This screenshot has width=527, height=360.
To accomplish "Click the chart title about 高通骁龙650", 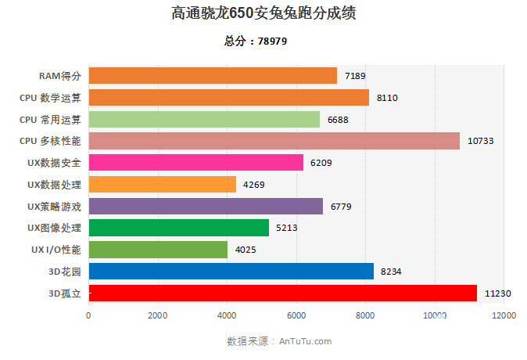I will [263, 14].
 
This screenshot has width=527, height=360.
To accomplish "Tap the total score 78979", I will [256, 41].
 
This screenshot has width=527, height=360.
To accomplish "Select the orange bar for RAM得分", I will [213, 76].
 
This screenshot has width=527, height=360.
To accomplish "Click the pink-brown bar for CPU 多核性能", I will [274, 141].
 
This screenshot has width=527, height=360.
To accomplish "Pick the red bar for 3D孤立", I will [282, 293].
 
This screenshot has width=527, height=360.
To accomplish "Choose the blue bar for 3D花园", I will [231, 272].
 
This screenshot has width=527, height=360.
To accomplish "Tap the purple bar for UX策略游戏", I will [206, 206].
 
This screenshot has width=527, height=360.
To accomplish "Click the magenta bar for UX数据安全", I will [195, 163].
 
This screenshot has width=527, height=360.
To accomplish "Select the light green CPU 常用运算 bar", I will [204, 119].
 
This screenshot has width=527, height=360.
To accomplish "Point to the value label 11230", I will [498, 293].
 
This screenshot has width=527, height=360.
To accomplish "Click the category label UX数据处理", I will [54, 185].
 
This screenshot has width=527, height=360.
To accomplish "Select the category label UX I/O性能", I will [56, 250].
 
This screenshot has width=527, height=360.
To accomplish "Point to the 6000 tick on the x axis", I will [296, 316].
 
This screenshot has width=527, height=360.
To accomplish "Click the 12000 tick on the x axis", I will [504, 316].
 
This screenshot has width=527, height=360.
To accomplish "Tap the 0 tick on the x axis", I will [88, 316].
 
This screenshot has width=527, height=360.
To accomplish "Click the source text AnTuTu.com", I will [305, 341].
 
